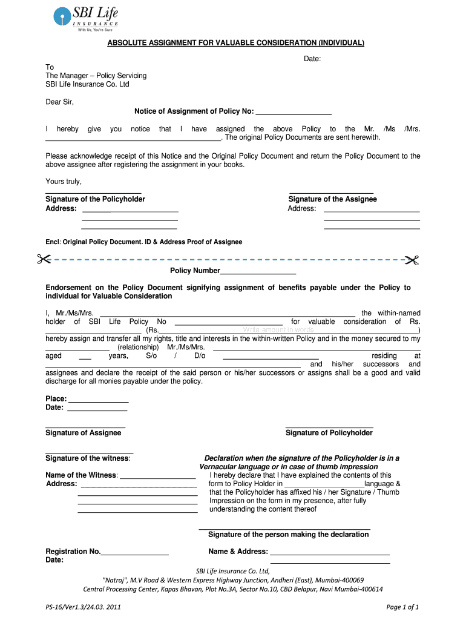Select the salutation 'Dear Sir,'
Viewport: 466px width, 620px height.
(60, 102)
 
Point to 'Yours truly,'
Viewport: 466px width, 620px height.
(64, 182)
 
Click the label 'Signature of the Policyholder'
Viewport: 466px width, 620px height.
(96, 199)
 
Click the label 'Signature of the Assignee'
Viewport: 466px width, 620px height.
(332, 199)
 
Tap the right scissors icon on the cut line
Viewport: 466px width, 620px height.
(413, 260)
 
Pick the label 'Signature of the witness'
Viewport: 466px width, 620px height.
(88, 458)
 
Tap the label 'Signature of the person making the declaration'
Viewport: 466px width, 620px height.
(288, 535)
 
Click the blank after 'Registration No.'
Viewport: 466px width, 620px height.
(135, 552)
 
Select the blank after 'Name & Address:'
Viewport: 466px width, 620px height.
(329, 552)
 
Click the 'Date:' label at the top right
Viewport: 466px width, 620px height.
(312, 59)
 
